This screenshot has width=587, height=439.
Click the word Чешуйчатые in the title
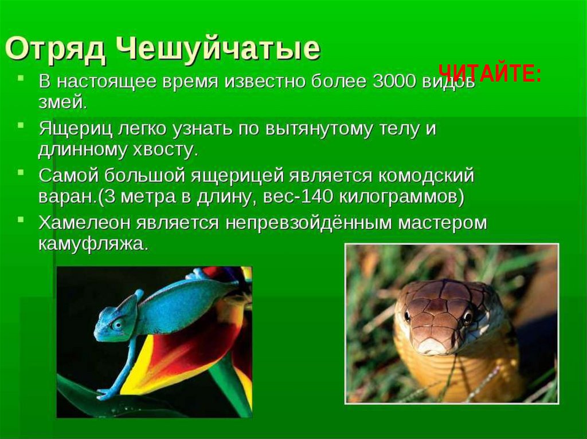click(x=217, y=49)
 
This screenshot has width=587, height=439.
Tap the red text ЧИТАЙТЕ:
click(x=490, y=74)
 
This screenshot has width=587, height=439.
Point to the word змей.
click(x=62, y=103)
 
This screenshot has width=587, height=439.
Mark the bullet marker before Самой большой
click(x=21, y=172)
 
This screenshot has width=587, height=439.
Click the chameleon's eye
click(x=117, y=324)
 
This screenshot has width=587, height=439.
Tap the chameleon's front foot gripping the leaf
click(x=106, y=393)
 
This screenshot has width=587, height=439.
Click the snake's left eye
click(x=408, y=316)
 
